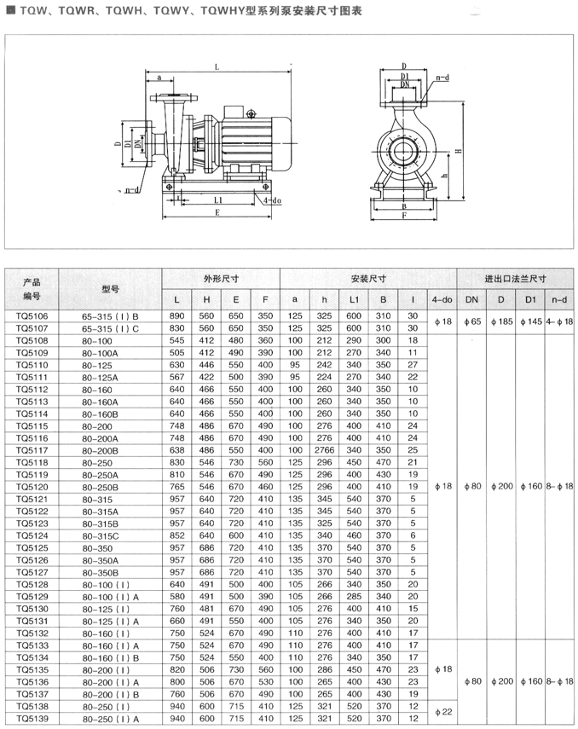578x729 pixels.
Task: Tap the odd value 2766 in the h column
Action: point(325,449)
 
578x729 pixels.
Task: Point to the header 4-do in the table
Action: point(441,299)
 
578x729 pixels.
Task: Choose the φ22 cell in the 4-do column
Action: point(441,712)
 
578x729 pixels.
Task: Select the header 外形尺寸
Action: point(220,279)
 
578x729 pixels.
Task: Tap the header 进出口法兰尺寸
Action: point(515,279)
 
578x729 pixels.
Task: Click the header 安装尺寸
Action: point(368,279)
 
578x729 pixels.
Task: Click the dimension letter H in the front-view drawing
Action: point(459,151)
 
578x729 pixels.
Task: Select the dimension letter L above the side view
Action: point(217,67)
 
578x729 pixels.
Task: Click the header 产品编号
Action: point(32,289)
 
